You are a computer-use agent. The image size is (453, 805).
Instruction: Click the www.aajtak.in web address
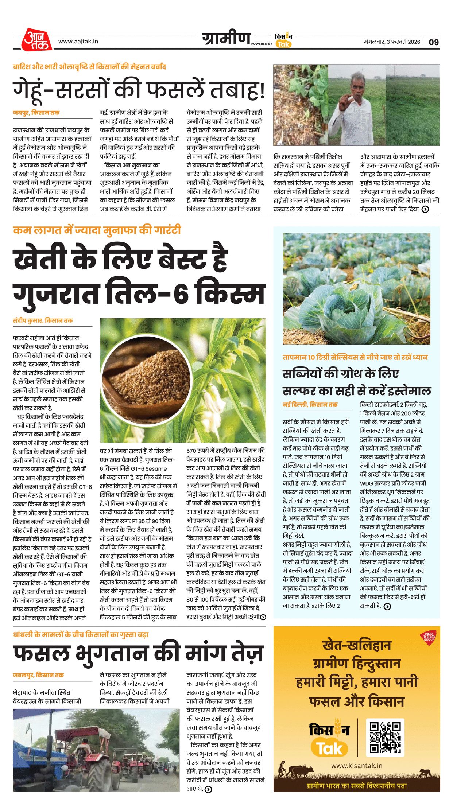pos(78,42)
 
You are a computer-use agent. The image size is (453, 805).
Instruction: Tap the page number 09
pos(433,42)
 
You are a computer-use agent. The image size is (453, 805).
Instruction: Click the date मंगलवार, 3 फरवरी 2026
pos(392,42)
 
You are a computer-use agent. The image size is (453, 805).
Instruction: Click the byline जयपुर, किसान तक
pos(36,113)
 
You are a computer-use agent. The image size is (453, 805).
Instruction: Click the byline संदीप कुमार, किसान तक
pos(43,320)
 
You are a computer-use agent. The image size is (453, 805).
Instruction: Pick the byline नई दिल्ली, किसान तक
pos(310,404)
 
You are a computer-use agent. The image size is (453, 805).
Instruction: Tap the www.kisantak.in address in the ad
pos(356,766)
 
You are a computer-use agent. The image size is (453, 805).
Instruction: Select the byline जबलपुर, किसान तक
pos(39,675)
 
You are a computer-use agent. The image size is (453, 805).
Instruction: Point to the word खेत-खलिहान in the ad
pos(356,645)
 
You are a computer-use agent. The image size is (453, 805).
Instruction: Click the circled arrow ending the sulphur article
pos(387,606)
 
